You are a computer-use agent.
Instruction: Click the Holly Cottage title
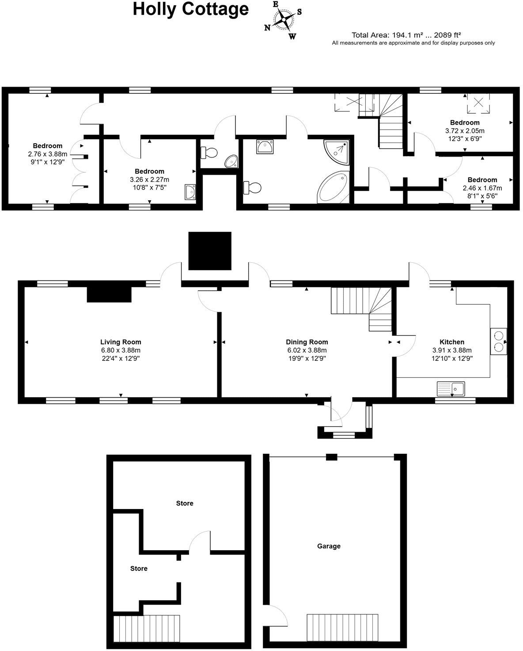tap(191, 9)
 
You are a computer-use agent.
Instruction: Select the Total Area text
tap(406, 34)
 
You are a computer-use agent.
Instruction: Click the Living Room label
tap(121, 342)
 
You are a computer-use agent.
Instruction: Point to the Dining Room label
tap(307, 342)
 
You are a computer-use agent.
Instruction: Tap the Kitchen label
tap(452, 342)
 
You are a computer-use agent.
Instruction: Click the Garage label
tap(329, 546)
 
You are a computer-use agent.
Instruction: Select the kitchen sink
tap(451, 389)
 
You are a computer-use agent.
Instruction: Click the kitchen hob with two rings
tap(498, 341)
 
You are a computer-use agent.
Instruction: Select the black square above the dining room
tap(210, 251)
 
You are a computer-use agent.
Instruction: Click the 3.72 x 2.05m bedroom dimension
tap(465, 131)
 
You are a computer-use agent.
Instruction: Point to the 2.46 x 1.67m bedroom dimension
tap(482, 188)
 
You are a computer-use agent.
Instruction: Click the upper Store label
tap(185, 503)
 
